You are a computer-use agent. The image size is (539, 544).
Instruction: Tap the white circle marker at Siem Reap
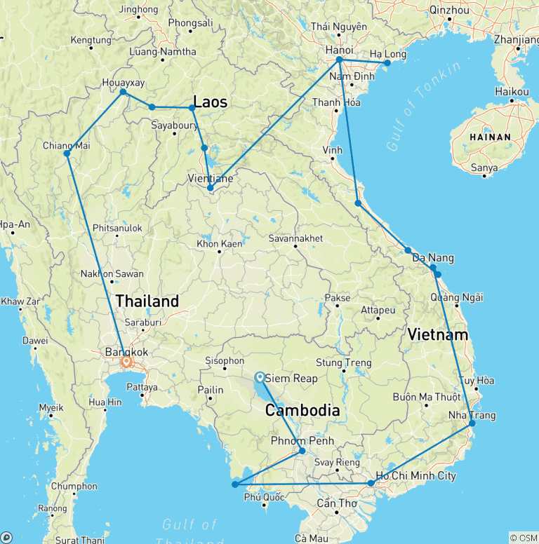(260, 376)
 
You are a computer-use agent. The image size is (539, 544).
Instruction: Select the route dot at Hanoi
(339, 60)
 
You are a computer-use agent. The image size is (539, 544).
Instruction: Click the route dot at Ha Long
(387, 63)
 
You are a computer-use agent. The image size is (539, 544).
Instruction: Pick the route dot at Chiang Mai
(67, 154)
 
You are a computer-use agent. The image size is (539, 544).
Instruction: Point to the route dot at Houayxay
(123, 92)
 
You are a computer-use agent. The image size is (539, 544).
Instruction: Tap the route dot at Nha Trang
(472, 423)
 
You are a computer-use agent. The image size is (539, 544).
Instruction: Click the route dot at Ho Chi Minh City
(371, 484)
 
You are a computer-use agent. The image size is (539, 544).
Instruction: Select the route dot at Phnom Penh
(302, 451)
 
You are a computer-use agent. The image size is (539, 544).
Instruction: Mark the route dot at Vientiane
(211, 188)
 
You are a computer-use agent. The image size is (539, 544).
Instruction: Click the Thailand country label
(147, 301)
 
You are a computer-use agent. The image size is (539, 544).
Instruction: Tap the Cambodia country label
(302, 411)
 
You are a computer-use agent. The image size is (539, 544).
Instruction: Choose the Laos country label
(210, 102)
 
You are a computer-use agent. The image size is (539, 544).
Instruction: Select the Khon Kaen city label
(220, 245)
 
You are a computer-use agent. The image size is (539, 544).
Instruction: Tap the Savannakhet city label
(295, 239)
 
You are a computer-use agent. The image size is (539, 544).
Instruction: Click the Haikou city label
(512, 92)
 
